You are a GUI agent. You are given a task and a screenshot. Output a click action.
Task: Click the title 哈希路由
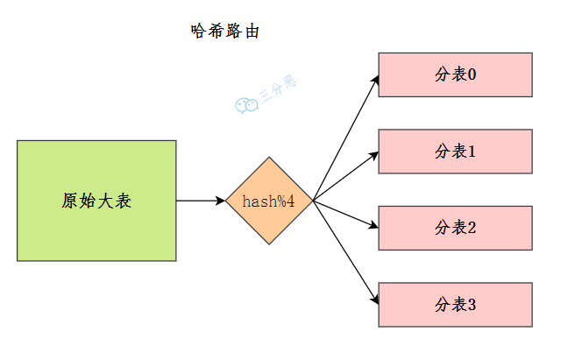click(225, 31)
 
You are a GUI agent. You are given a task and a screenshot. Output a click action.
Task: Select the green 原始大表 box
click(96, 201)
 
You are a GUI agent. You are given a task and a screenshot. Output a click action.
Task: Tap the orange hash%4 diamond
click(269, 201)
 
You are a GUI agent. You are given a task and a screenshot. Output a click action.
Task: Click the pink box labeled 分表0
click(455, 74)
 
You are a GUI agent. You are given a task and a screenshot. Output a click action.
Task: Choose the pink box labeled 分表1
click(455, 152)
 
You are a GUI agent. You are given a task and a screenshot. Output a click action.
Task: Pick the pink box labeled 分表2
click(455, 228)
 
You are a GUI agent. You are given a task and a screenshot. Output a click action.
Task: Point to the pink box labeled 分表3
click(455, 305)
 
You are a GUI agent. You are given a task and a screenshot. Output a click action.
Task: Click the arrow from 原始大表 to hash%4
click(201, 201)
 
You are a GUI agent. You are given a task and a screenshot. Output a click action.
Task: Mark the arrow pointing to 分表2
click(345, 214)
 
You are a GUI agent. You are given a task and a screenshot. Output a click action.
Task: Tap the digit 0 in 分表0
click(472, 75)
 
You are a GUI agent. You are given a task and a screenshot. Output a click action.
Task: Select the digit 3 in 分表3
click(472, 306)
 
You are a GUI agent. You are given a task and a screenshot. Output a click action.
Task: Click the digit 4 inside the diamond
click(290, 201)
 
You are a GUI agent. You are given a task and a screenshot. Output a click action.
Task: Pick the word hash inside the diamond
click(258, 201)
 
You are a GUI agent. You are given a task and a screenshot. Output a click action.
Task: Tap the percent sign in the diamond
click(280, 201)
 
